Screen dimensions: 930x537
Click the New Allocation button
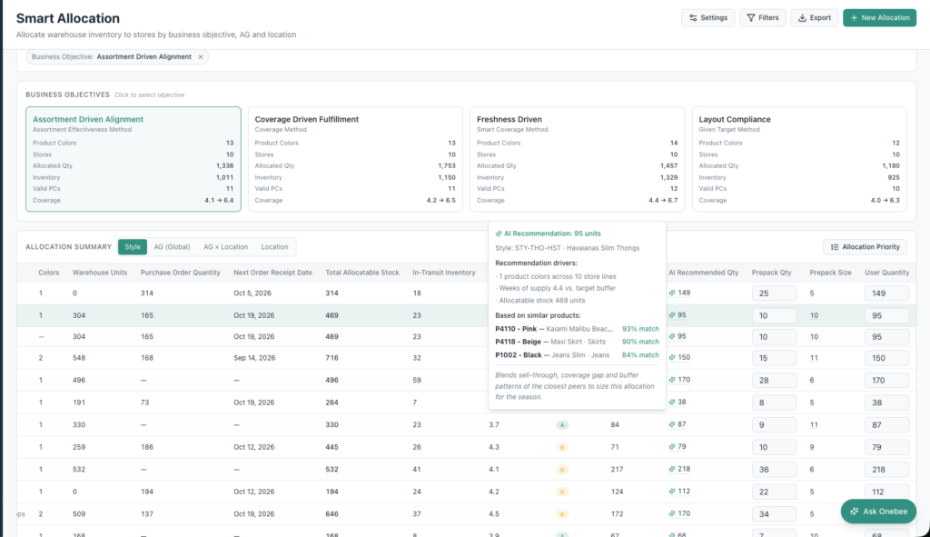point(879,18)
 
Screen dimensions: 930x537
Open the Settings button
point(708,18)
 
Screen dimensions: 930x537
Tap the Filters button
point(763,18)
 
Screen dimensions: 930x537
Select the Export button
point(815,18)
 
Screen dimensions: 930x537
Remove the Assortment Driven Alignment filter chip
point(201,57)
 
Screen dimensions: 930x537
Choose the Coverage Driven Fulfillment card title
point(307,119)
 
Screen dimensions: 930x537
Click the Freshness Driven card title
point(510,119)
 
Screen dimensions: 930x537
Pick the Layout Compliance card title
point(734,119)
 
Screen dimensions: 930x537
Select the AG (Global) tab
point(172,247)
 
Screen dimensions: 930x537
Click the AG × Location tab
point(226,247)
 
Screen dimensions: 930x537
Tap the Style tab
point(133,247)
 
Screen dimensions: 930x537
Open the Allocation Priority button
point(866,247)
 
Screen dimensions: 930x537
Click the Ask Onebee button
point(878,512)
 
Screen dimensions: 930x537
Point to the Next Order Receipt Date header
point(272,273)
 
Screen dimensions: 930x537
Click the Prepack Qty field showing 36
point(774,470)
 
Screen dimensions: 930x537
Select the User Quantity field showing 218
point(886,470)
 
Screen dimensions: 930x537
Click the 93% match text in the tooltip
point(640,329)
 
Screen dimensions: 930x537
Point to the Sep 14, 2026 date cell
point(254,358)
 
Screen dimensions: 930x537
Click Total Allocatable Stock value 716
point(331,358)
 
